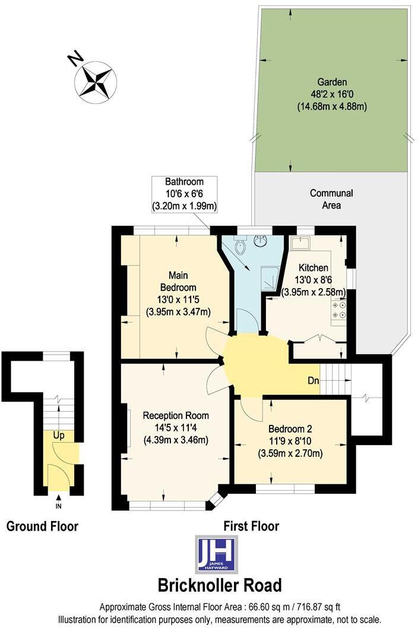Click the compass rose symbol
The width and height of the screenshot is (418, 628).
point(95,82)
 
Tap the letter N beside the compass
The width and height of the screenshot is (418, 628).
point(75,58)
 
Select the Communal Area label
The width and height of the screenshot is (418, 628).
point(331,199)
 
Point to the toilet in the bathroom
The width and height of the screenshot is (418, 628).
point(240,247)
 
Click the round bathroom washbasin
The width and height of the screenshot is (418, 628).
point(261,241)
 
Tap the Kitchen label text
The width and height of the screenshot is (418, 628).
point(313,267)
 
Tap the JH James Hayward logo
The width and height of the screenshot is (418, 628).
point(216,554)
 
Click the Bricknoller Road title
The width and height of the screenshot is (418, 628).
point(219,585)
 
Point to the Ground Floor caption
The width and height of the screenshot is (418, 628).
point(42,526)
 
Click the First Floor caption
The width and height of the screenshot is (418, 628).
point(251,526)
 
